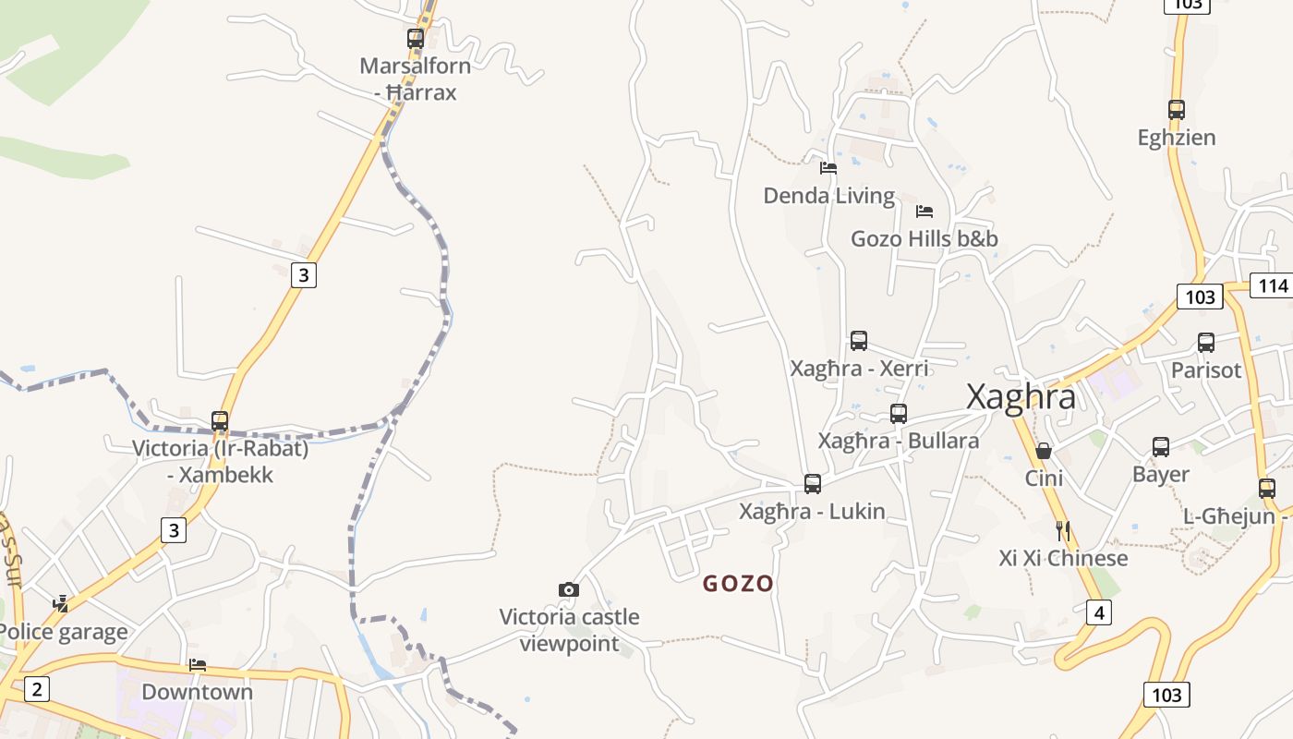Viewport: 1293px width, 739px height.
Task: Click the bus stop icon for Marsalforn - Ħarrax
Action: (416, 39)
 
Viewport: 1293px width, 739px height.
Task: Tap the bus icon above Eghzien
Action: (1176, 110)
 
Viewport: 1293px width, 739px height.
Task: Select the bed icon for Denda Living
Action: (828, 168)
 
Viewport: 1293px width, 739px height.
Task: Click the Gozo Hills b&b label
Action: (924, 239)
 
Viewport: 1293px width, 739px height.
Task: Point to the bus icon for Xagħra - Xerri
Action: (859, 341)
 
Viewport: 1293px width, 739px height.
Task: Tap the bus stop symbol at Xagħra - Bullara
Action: (899, 414)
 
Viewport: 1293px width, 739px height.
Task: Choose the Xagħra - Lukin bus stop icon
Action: (813, 484)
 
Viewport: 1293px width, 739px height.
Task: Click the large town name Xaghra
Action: (1021, 397)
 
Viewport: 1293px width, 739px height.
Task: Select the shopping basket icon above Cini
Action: (1044, 451)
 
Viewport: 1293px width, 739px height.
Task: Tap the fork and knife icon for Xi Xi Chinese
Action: (1063, 530)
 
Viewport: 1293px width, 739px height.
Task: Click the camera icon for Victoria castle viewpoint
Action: (569, 589)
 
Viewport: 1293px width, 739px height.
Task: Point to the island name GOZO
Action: (738, 584)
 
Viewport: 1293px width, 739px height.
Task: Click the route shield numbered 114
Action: (1273, 285)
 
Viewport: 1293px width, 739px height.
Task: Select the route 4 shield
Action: (1098, 612)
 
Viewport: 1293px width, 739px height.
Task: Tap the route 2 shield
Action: (36, 688)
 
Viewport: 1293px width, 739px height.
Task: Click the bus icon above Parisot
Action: (1205, 343)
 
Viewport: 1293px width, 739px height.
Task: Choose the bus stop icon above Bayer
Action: (1161, 447)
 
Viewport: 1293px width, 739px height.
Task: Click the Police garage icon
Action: (61, 604)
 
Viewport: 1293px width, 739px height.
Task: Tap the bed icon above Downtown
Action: (197, 665)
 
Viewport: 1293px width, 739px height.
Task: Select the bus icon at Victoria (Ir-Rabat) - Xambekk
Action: (220, 421)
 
